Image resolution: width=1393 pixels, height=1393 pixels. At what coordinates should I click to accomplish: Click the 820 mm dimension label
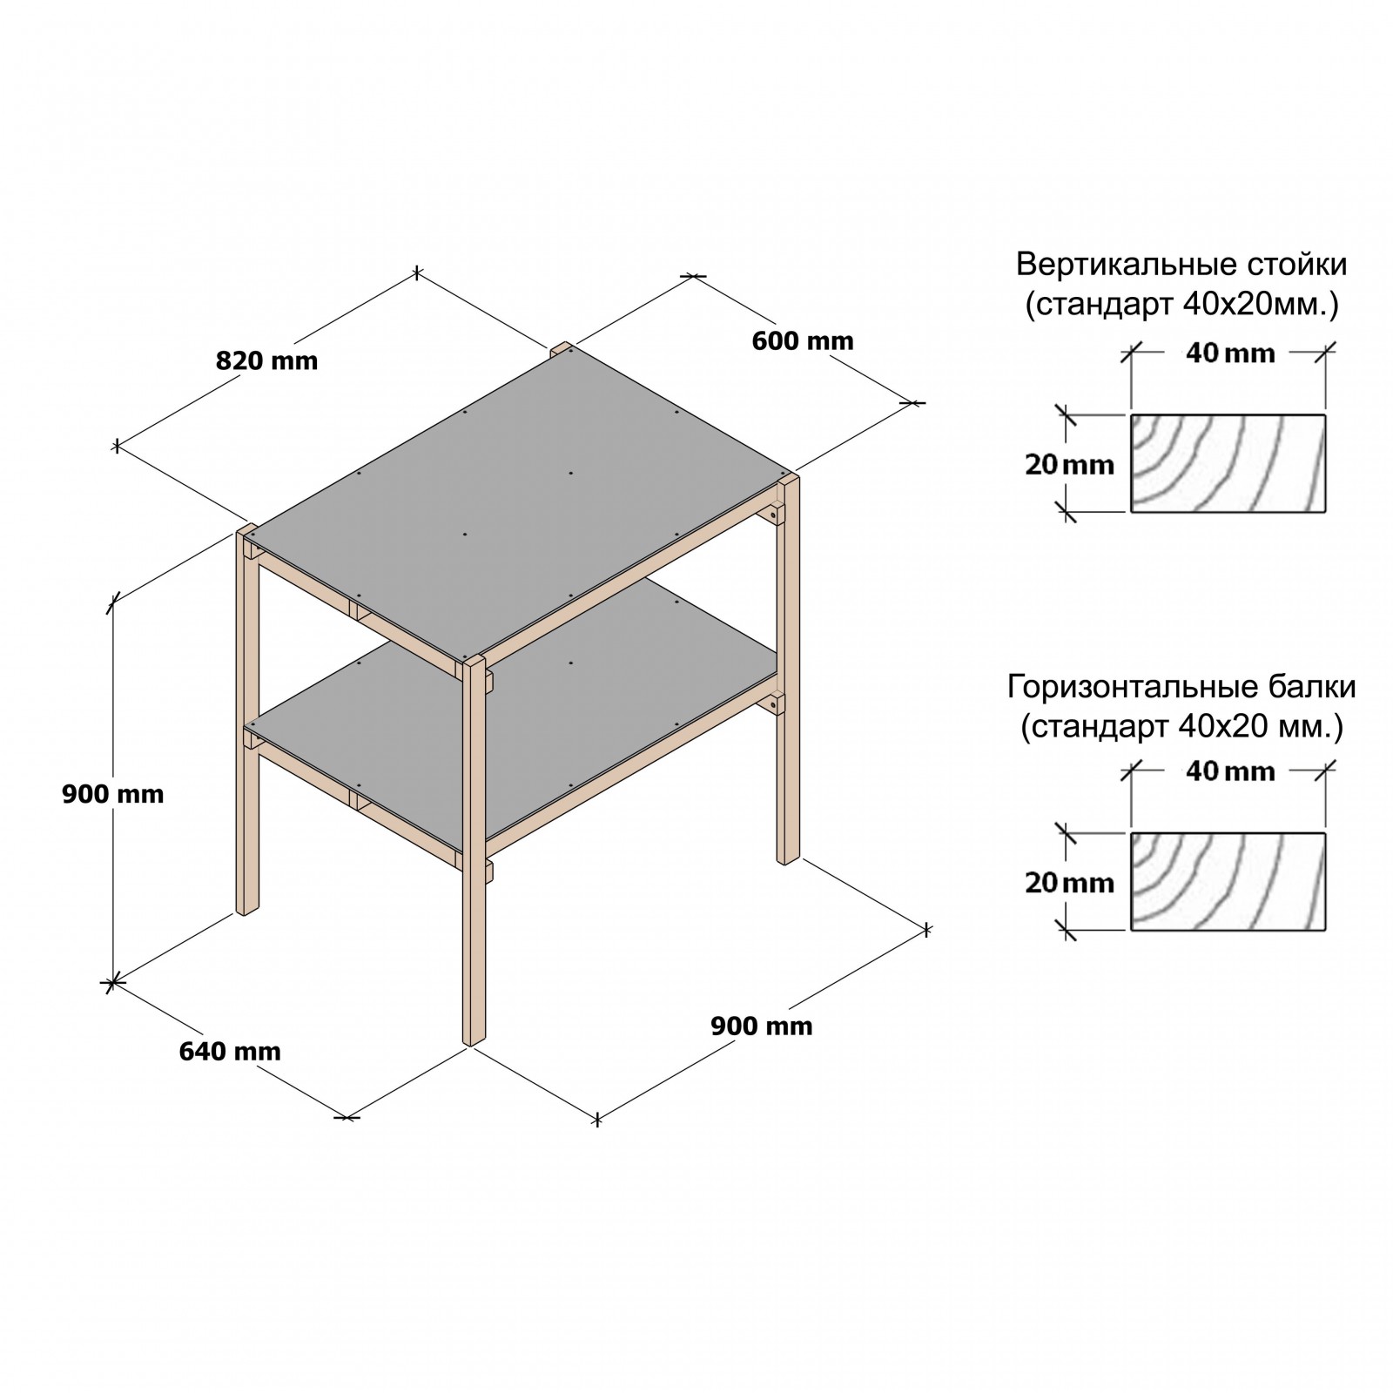coord(267,360)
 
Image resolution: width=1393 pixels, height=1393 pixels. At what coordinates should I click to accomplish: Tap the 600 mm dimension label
coord(803,340)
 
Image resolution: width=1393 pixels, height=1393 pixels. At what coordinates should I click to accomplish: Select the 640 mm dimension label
coord(230,1052)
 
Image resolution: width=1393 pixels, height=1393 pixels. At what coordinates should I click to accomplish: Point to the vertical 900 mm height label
coord(113,794)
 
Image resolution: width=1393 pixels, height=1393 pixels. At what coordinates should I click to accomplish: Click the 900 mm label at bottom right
coord(762,1026)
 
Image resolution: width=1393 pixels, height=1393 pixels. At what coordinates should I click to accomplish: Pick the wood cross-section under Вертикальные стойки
coord(1228,463)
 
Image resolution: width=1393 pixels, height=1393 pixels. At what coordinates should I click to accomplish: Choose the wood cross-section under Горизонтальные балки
coord(1228,881)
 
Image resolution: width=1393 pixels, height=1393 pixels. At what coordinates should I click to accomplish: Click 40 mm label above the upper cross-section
coord(1229,353)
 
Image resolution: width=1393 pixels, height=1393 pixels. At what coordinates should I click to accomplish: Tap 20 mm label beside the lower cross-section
coord(1069,883)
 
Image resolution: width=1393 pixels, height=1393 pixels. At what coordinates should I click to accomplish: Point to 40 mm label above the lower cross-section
coord(1229,771)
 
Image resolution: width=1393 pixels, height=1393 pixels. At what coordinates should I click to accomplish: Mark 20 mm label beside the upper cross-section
coord(1069,465)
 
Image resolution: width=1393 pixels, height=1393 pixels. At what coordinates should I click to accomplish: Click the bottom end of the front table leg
coord(473,1041)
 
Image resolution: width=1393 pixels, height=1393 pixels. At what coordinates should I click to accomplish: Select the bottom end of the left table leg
coord(247,911)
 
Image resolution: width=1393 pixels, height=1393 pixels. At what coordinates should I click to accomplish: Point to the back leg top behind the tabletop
coord(561,348)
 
